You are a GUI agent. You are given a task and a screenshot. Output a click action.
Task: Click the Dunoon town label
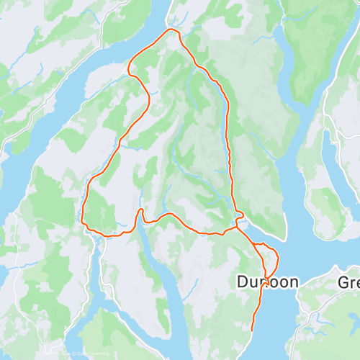point(267,282)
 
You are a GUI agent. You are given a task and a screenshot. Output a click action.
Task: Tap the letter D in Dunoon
point(242,282)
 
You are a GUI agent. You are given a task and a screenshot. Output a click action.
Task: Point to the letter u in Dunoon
point(252,283)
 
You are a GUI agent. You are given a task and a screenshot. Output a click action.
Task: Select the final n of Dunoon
point(292,283)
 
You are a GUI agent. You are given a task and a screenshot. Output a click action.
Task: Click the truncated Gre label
point(348,282)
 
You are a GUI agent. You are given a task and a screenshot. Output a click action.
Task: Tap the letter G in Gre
point(342,282)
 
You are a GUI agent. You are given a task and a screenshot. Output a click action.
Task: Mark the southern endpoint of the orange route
point(251,330)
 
